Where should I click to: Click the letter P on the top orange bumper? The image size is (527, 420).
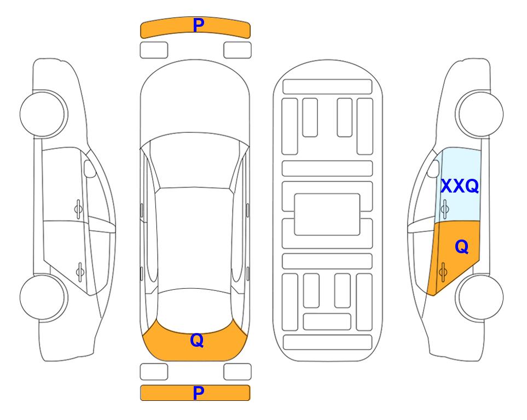[x=199, y=25]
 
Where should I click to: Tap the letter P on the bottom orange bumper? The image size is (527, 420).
[x=199, y=393]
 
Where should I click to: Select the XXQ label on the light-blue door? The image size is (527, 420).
[x=460, y=186]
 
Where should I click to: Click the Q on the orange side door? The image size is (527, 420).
[x=462, y=247]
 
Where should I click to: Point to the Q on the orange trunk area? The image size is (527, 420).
[x=197, y=340]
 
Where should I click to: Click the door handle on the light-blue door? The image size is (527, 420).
[x=445, y=209]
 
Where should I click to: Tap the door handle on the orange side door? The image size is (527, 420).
[x=443, y=272]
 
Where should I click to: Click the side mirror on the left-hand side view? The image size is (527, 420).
[x=89, y=168]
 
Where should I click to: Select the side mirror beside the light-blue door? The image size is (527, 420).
[x=433, y=168]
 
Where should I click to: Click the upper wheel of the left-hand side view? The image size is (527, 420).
[x=43, y=114]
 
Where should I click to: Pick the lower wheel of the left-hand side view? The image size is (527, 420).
[x=43, y=297]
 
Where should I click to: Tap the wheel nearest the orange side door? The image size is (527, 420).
[x=480, y=297]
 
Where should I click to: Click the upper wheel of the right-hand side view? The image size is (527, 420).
[x=480, y=114]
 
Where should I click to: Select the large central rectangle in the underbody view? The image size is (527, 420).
[x=327, y=214]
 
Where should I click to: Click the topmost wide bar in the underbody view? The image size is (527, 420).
[x=327, y=87]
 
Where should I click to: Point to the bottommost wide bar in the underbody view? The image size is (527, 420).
[x=327, y=342]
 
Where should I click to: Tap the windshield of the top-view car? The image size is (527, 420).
[x=195, y=161]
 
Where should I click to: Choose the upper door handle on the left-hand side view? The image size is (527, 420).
[x=78, y=209]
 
